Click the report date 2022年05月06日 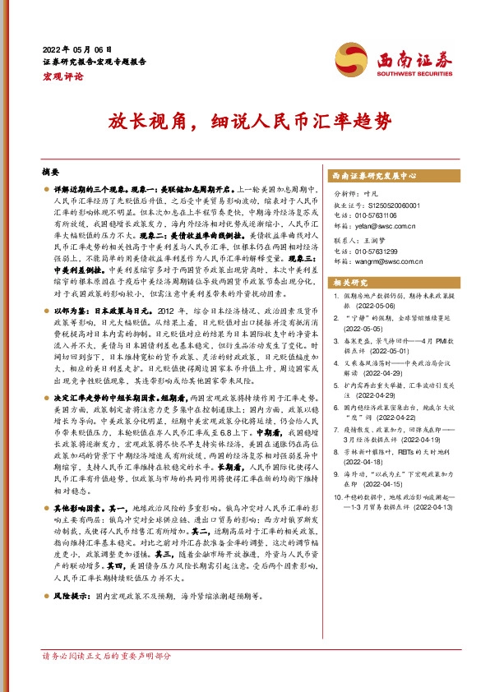coord(76,48)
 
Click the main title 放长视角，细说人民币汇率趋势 coord(245,122)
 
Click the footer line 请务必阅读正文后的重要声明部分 coord(107,656)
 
